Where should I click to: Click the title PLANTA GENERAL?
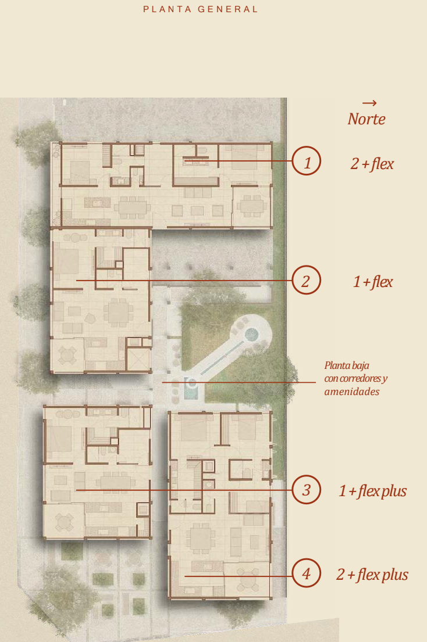(200, 9)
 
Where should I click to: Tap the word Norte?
(366, 119)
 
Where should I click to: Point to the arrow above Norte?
(369, 103)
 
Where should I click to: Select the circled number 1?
(307, 161)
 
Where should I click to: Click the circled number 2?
(307, 281)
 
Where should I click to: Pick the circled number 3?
(307, 490)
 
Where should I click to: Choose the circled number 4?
(307, 573)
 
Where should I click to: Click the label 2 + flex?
(372, 164)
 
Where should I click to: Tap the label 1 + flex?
(373, 282)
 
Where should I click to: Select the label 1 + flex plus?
(372, 491)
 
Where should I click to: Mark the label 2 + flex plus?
(372, 575)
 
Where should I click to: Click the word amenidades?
(352, 392)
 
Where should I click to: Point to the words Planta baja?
(347, 365)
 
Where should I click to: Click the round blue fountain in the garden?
(251, 335)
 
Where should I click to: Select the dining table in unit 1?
(133, 206)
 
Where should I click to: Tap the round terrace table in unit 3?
(65, 522)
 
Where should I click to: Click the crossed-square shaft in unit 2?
(138, 359)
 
